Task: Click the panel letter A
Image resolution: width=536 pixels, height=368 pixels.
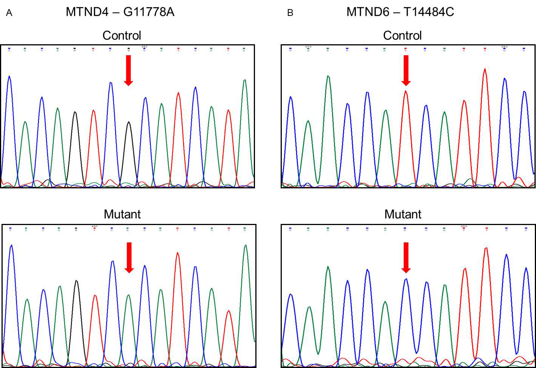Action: (9, 13)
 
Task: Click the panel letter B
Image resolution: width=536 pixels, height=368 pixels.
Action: (290, 13)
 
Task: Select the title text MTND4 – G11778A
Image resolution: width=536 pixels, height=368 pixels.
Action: (120, 12)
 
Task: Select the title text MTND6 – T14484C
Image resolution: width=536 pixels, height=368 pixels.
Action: (400, 12)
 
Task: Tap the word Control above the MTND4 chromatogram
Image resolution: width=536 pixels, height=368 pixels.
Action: (122, 36)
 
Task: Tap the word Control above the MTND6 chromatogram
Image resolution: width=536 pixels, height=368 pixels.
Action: (402, 36)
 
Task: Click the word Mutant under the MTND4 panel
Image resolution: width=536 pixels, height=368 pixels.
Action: (122, 214)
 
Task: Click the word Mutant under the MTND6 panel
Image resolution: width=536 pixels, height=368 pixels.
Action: (403, 214)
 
